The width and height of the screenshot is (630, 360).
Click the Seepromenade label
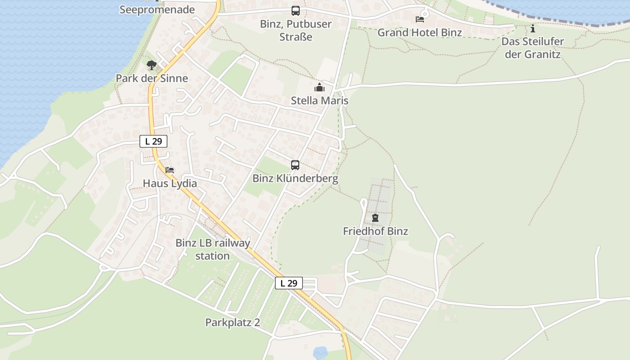157,9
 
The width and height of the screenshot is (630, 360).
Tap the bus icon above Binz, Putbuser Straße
295,11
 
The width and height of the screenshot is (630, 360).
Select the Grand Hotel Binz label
419,32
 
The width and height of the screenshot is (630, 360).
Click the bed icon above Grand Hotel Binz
420,19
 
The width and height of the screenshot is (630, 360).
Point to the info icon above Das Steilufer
533,29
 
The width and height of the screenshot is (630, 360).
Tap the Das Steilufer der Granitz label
533,48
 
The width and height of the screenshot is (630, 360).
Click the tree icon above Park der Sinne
152,65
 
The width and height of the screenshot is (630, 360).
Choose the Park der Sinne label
152,78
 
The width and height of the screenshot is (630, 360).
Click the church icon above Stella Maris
319,87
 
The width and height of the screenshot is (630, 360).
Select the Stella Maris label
319,100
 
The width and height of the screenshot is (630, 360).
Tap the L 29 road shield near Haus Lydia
153,141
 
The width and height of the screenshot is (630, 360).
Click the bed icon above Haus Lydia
170,170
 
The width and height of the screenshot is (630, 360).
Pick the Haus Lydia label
170,184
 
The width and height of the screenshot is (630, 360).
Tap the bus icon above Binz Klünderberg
295,165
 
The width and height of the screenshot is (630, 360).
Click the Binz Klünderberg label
295,179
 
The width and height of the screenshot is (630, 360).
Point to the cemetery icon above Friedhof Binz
375,218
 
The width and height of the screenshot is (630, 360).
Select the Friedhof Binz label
375,231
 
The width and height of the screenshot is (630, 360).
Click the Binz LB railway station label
212,249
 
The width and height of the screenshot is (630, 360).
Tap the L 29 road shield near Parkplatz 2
288,283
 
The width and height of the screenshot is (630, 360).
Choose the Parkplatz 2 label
233,323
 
